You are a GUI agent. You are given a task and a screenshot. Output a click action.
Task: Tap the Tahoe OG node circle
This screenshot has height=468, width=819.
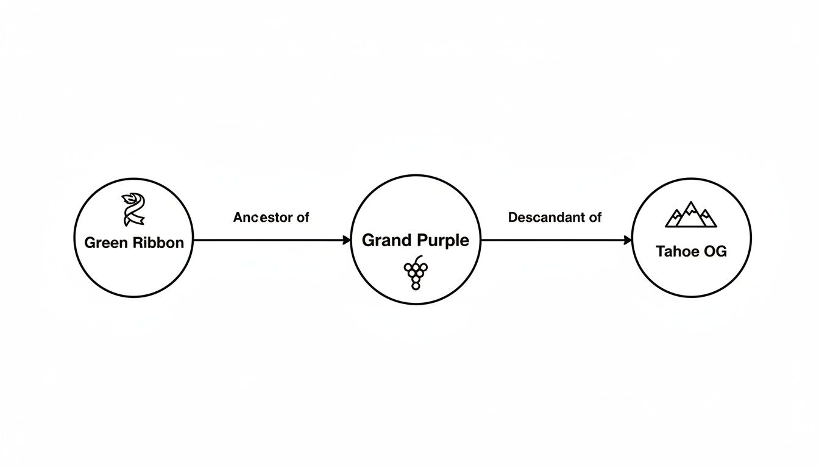click(691, 274)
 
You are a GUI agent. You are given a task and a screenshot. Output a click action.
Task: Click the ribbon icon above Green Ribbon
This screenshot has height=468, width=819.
click(133, 209)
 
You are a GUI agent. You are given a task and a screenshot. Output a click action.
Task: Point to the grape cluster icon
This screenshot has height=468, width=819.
click(416, 272)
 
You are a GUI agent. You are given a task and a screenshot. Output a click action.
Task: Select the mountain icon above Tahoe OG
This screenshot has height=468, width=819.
click(690, 214)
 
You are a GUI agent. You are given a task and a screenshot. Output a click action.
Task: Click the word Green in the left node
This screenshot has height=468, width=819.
click(105, 243)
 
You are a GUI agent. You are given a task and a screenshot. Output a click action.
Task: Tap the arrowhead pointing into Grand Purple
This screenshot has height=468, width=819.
click(347, 240)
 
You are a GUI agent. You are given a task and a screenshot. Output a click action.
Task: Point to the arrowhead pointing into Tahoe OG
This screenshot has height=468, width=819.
click(628, 240)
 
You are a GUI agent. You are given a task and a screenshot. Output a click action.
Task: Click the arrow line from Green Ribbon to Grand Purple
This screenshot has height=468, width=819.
click(268, 240)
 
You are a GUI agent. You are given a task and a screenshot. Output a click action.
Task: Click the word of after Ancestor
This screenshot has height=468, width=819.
click(303, 217)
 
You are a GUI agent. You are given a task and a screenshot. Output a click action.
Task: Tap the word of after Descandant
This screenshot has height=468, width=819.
click(595, 217)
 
